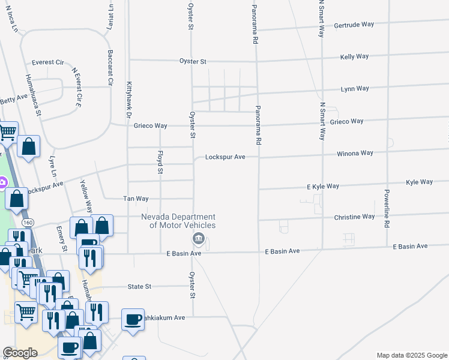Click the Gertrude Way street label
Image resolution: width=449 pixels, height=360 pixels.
point(354,25)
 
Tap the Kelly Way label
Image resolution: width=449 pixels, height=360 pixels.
point(354,56)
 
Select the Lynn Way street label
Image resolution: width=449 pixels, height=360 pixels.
point(355,89)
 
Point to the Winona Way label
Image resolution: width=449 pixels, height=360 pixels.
point(355,154)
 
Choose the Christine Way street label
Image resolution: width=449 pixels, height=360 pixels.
point(354,217)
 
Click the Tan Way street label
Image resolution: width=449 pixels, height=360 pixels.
point(135,199)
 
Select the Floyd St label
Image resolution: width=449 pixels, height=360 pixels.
point(160,164)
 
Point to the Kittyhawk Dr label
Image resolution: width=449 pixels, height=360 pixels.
point(128,100)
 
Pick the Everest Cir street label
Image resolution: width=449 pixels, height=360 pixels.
point(48,62)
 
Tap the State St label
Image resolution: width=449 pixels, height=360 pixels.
point(139,287)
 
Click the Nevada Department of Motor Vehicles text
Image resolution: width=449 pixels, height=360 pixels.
point(178,221)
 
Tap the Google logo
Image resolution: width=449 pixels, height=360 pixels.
point(20,353)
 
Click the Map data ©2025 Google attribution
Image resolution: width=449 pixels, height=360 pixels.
point(411,355)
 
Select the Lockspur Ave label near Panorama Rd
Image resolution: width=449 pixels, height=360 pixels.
point(225,157)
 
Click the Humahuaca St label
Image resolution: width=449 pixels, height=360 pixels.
point(32,95)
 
